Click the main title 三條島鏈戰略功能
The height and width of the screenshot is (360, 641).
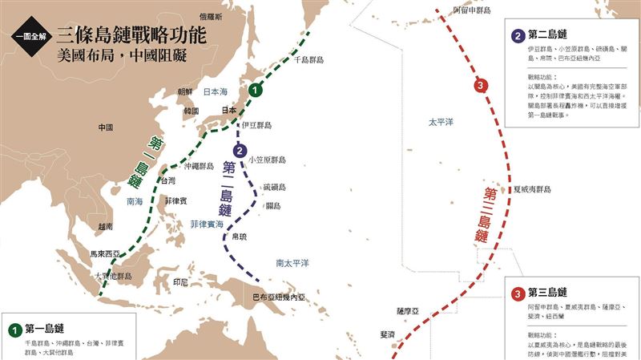(x=131, y=34)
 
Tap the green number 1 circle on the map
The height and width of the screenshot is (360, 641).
(x=255, y=91)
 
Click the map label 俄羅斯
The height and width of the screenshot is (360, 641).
(x=211, y=16)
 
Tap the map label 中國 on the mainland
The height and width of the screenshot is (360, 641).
(x=105, y=127)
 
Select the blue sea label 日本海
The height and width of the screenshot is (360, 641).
(x=217, y=91)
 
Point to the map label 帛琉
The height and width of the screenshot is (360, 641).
(x=239, y=237)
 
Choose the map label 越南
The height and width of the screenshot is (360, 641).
(x=104, y=227)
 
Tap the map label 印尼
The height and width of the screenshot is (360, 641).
(x=180, y=282)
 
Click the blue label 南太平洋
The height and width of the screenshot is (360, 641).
(x=292, y=263)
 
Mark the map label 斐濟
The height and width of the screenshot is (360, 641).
(x=387, y=334)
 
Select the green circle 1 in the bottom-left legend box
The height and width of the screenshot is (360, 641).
(x=14, y=329)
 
